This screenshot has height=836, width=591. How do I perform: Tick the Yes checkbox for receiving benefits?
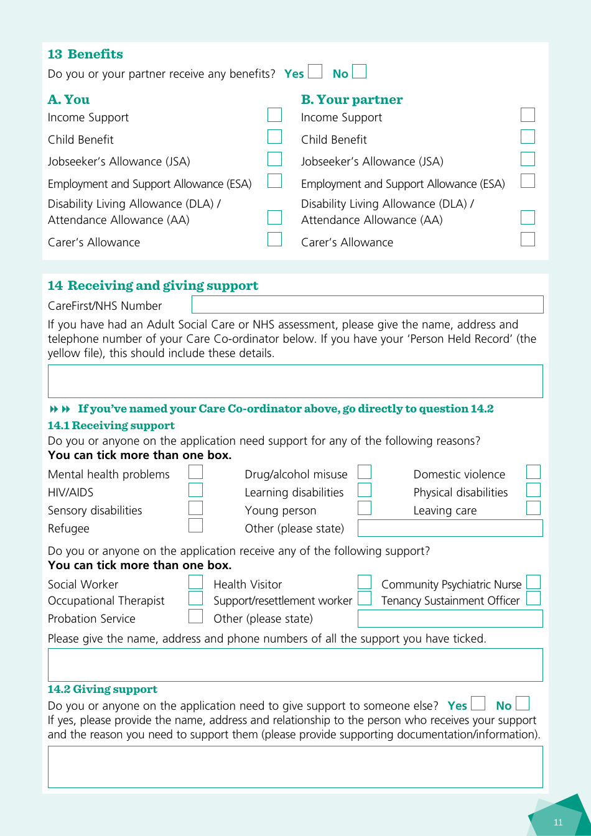(315, 72)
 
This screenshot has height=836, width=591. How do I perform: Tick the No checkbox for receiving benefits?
(359, 72)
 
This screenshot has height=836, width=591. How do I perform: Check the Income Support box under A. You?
(274, 115)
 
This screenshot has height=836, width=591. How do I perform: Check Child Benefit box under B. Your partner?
(528, 137)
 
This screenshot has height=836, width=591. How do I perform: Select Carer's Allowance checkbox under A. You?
(274, 239)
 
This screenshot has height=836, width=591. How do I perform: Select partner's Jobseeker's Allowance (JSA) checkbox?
(528, 159)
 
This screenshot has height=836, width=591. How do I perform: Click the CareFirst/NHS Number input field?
(367, 305)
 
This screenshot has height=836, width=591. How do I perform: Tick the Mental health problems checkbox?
(195, 472)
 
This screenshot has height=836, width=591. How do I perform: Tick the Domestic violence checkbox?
(533, 472)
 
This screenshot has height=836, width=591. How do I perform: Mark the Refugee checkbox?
(195, 526)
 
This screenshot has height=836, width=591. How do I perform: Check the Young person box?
(365, 508)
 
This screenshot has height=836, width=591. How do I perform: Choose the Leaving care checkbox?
(533, 508)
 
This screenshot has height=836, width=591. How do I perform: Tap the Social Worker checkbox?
(195, 582)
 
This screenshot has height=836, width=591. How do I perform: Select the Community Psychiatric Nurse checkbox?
(533, 582)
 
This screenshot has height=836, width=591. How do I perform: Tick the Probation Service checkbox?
(195, 616)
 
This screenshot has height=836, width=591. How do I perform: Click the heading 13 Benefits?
(85, 54)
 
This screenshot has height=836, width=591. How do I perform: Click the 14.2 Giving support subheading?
(103, 689)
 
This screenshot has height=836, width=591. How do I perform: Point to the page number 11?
(558, 822)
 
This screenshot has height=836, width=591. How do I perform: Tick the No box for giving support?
(523, 704)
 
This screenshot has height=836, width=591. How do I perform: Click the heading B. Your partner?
(351, 100)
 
